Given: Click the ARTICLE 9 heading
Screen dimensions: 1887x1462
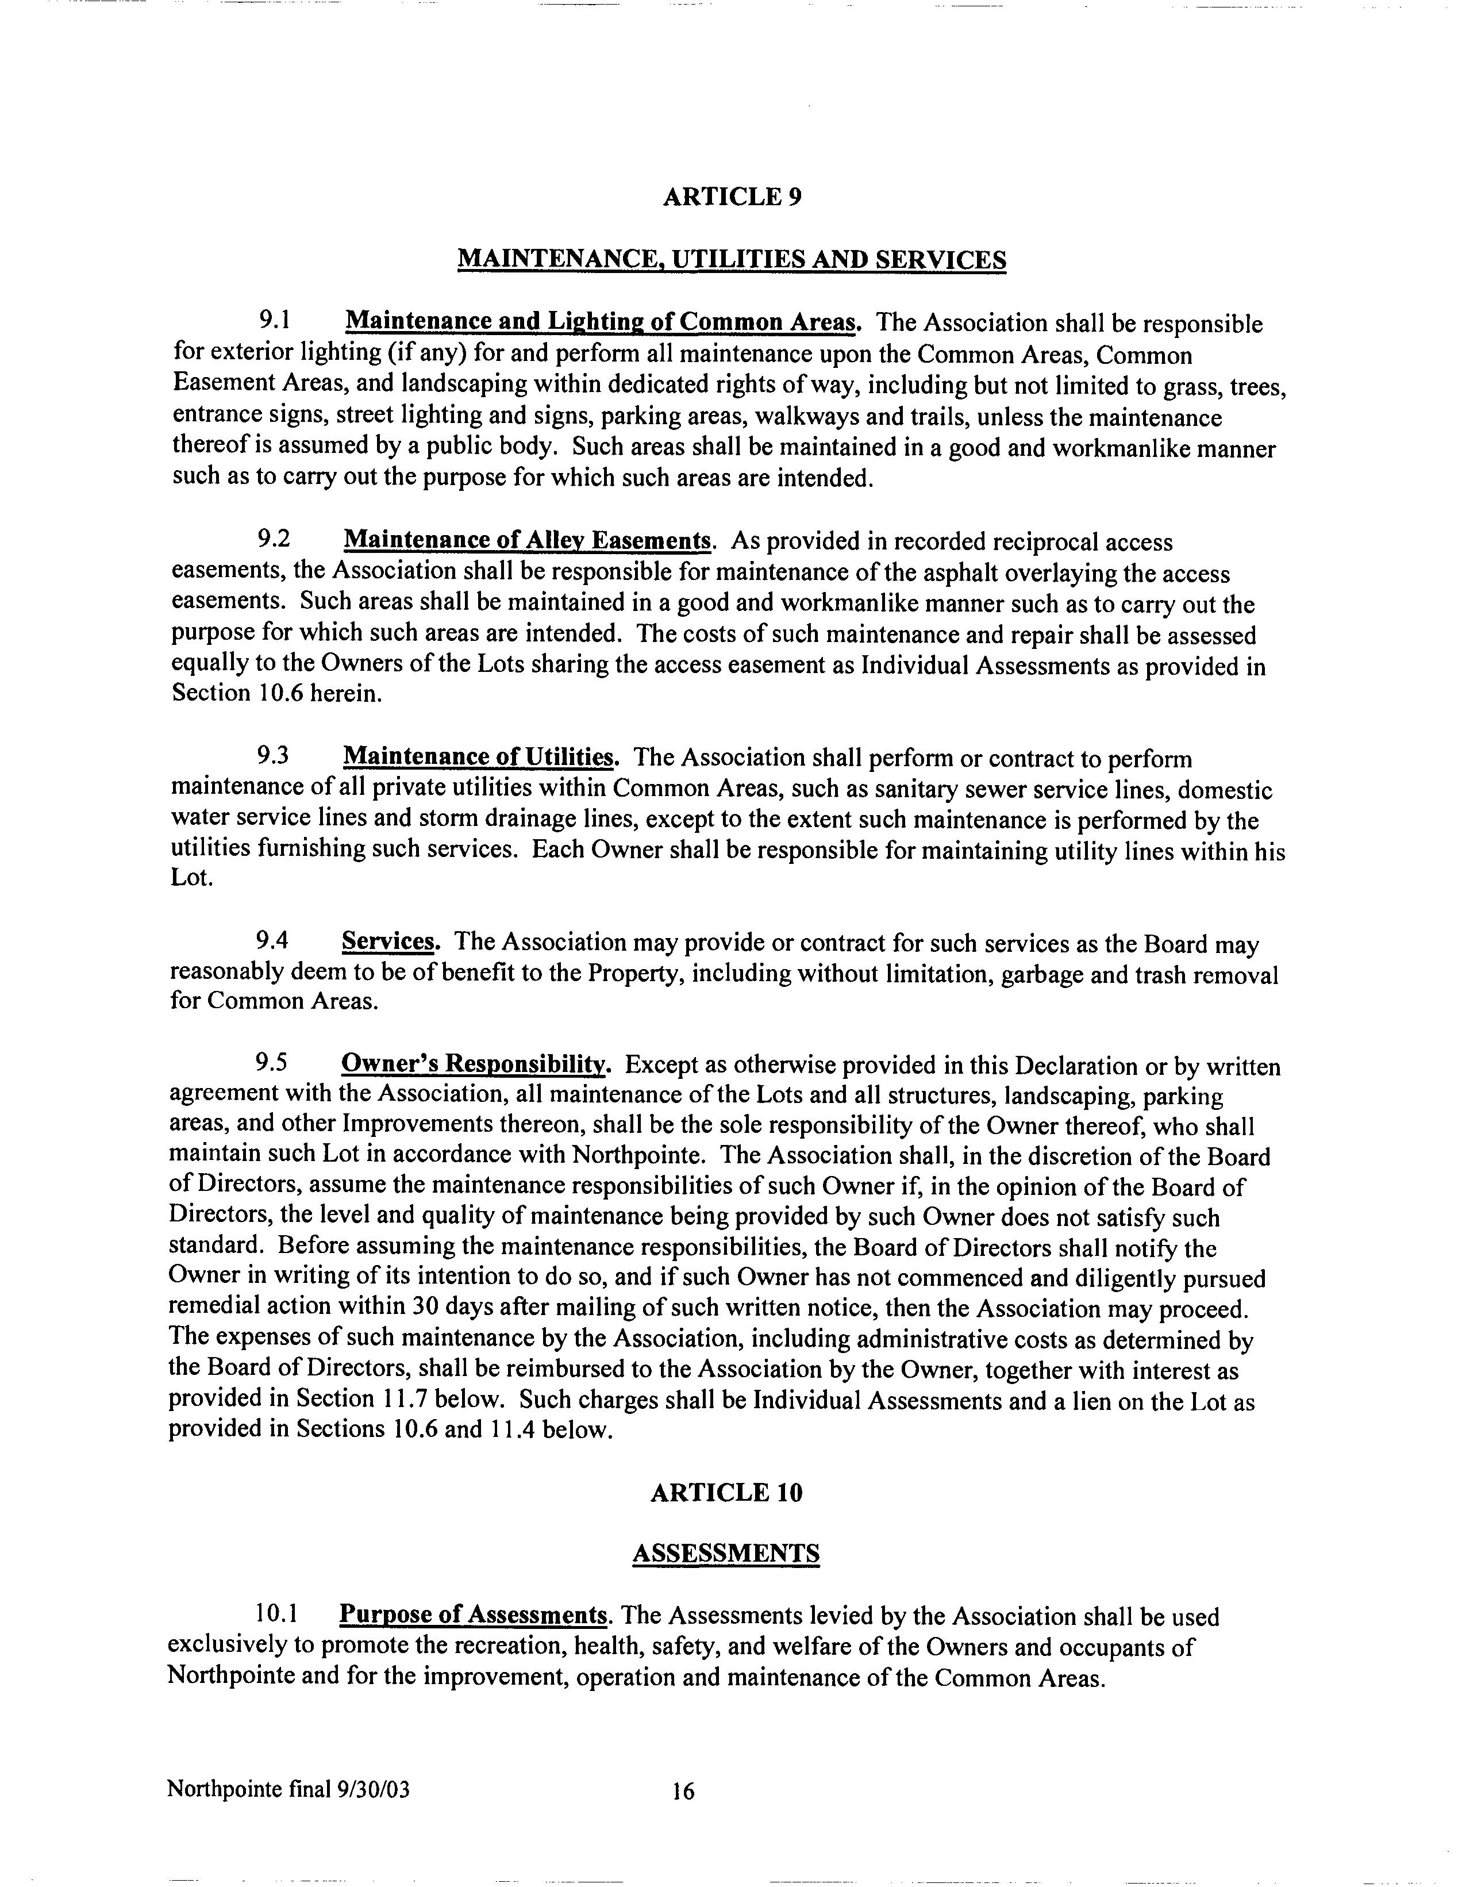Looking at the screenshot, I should pyautogui.click(x=732, y=198).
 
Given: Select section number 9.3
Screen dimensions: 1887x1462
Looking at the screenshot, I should pyautogui.click(x=272, y=757).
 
